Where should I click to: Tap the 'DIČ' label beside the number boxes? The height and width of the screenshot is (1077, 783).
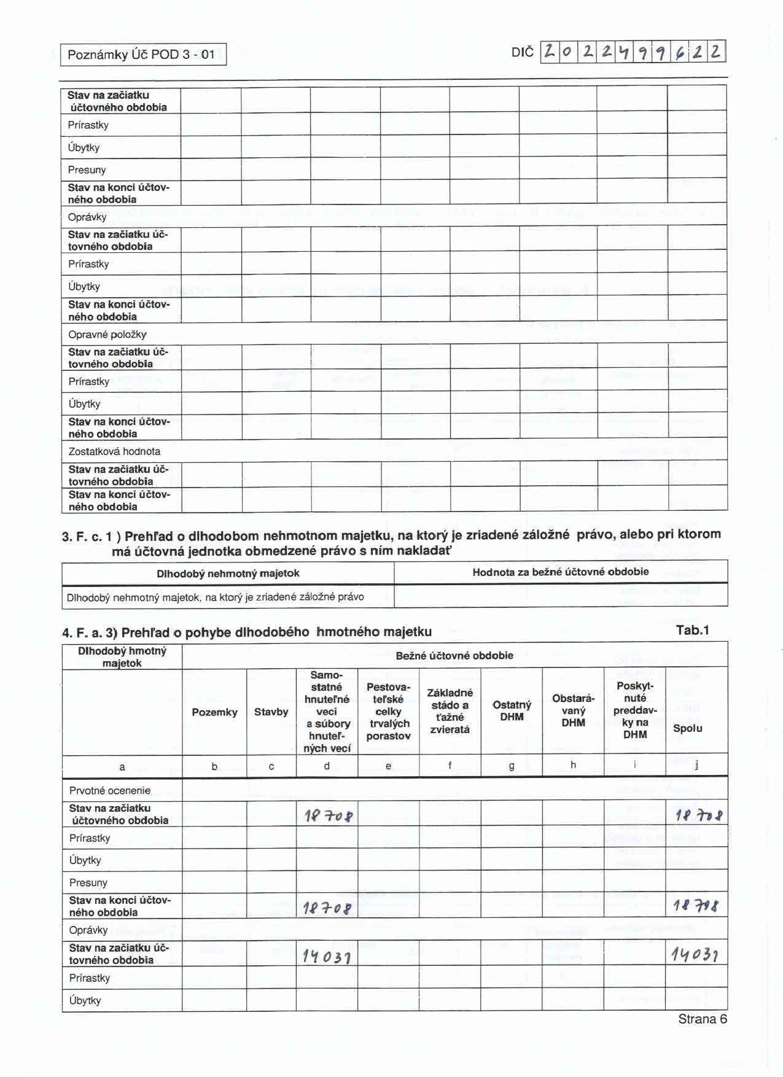tap(523, 52)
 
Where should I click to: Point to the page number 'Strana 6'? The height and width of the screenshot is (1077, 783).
tap(703, 1019)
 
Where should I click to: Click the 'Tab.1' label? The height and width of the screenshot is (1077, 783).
tap(692, 630)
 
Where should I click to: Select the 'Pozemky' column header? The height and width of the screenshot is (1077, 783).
tap(214, 712)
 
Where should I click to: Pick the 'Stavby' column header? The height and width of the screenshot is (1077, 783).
tap(271, 712)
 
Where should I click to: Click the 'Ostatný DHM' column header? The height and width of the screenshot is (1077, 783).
tap(512, 710)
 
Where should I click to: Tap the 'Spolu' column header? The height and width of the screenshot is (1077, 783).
tap(687, 728)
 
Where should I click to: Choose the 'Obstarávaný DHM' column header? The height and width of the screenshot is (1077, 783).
tap(573, 710)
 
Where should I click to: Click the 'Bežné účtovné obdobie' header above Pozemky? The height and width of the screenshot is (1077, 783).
tap(454, 655)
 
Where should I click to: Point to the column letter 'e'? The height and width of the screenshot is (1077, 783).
tap(388, 766)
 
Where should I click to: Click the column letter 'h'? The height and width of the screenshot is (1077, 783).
tap(573, 765)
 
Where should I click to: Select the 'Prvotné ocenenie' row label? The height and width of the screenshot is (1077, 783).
tap(110, 790)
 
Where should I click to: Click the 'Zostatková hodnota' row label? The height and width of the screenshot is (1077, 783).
tap(114, 451)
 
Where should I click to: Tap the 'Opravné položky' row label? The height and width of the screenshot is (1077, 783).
tap(107, 335)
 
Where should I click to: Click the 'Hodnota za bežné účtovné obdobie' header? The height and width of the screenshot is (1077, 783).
tap(560, 572)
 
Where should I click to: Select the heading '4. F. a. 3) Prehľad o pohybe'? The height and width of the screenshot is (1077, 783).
tap(246, 632)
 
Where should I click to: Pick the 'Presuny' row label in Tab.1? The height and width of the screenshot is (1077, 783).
tap(88, 882)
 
